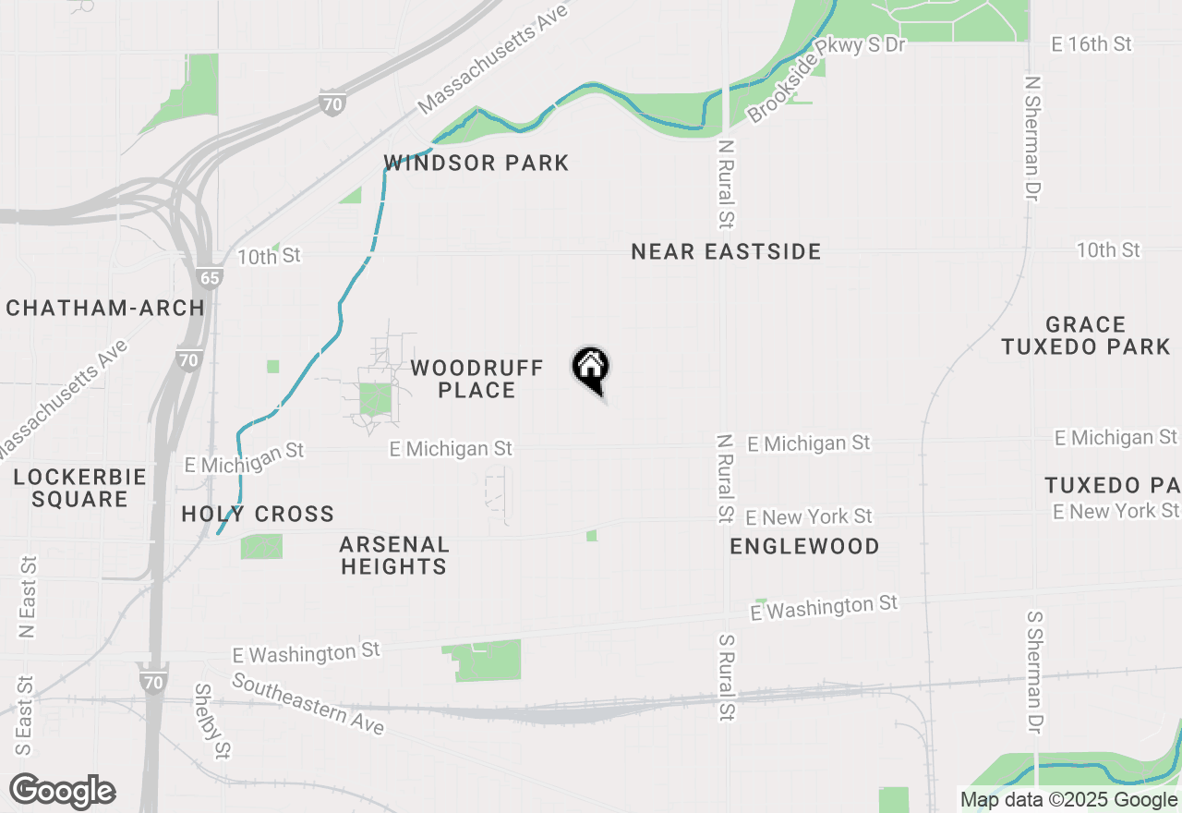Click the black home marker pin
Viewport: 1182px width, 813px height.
tap(590, 369)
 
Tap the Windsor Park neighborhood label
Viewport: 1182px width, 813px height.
tap(476, 164)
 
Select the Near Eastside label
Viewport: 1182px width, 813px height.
tap(726, 251)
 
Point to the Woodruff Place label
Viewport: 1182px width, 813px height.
tap(476, 379)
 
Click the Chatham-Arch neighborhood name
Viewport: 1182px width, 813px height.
tap(105, 309)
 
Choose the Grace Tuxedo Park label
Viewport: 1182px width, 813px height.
tap(1086, 335)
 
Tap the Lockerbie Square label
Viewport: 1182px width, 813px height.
tap(80, 488)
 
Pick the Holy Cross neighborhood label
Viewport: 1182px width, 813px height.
tap(258, 514)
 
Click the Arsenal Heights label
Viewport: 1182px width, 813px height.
tap(394, 555)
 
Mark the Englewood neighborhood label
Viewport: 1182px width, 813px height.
tap(804, 546)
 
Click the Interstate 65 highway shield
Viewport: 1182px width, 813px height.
tap(209, 277)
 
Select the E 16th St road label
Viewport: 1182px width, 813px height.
tap(1092, 43)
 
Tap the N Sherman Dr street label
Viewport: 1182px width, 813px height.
tap(1032, 138)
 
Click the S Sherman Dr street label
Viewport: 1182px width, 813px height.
tap(1034, 673)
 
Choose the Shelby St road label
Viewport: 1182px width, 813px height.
tap(211, 721)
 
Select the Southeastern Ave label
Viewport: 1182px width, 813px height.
tap(308, 704)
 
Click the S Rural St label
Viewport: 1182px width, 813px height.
tap(726, 677)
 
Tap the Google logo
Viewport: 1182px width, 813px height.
tap(62, 791)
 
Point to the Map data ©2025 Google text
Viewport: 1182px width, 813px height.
tap(1068, 800)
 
